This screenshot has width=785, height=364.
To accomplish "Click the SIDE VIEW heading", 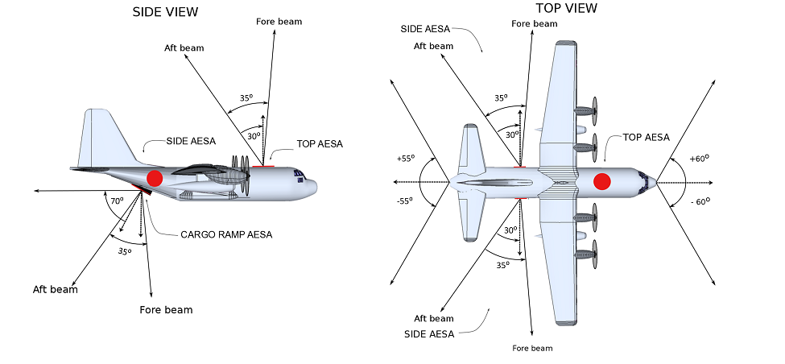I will click(x=165, y=11).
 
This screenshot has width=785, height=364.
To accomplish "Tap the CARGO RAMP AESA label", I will click(x=226, y=234).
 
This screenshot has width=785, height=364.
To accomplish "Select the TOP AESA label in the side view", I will click(x=320, y=144).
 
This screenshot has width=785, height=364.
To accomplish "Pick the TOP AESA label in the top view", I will click(x=647, y=137).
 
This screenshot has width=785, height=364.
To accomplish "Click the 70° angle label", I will click(x=117, y=201).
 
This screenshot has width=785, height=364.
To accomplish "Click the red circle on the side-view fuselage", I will click(x=155, y=178).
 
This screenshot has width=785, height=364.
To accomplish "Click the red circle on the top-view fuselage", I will click(x=601, y=181).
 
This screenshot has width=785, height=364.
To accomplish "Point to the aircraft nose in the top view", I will click(x=654, y=182).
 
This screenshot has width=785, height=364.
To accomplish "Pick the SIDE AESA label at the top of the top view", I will click(x=428, y=28).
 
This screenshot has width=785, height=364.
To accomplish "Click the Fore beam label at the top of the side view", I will click(x=279, y=21).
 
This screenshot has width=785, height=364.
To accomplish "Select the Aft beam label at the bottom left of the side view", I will click(x=56, y=289).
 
